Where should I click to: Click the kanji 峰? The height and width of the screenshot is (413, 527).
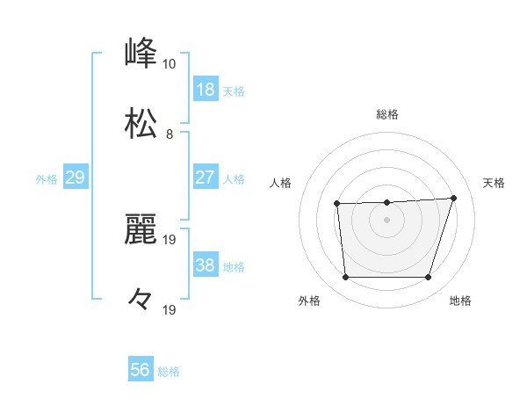[x=141, y=54]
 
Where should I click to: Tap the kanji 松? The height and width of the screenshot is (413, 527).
[x=141, y=124]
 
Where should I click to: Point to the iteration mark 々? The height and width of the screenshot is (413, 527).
[x=141, y=300]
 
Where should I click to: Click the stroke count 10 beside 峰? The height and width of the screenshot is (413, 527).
[x=170, y=64]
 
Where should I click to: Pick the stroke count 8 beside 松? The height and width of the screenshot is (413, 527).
[x=170, y=134]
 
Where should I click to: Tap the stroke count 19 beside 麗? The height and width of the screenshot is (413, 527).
[x=170, y=239]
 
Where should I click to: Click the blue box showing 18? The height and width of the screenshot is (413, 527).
[x=206, y=90]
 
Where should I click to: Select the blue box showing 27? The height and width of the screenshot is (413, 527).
[x=206, y=178]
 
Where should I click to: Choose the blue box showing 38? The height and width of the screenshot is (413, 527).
[x=206, y=265]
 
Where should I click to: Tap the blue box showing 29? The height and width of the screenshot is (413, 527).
[x=76, y=178]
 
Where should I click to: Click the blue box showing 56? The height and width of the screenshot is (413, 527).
[x=141, y=370]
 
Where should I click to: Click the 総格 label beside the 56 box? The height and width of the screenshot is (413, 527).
[x=169, y=372]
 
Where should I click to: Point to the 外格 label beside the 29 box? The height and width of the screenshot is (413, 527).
[x=47, y=179]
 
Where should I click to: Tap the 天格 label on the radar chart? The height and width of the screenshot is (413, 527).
[x=494, y=183]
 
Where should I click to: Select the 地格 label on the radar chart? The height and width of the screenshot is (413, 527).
[x=460, y=301]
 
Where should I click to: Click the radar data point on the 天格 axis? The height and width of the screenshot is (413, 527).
[x=453, y=198]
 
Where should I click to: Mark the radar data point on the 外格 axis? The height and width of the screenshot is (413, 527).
[x=345, y=278]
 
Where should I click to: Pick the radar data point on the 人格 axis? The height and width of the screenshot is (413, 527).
[x=337, y=204]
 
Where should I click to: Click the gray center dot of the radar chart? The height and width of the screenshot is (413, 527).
[x=386, y=220]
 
